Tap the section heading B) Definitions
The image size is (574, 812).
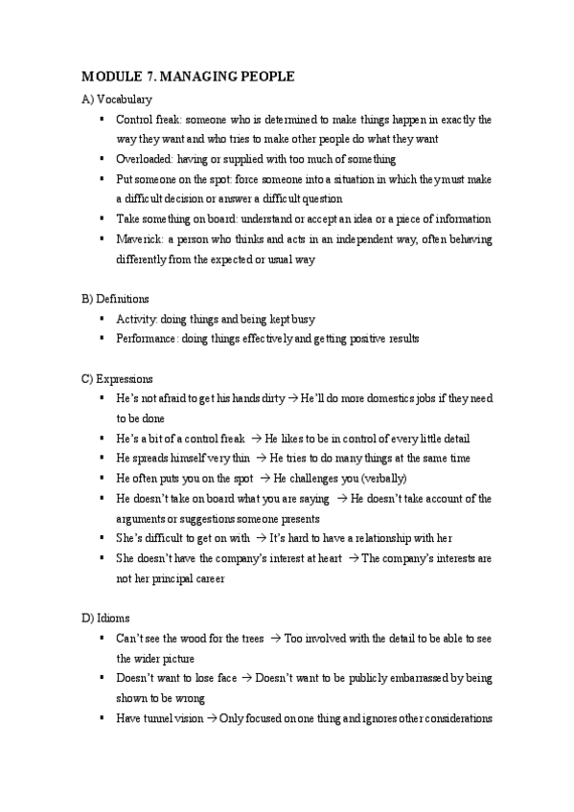point(115,299)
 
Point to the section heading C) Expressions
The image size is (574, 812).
point(117,378)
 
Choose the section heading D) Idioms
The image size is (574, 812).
point(105,618)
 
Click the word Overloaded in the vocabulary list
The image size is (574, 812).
point(144,159)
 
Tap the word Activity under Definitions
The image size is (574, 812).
point(135,319)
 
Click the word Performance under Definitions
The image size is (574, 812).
point(146,339)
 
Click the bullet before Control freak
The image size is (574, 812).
point(102,120)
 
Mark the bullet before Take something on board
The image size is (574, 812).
point(102,219)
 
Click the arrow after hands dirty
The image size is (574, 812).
point(293,398)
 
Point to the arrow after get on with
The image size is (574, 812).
point(260,538)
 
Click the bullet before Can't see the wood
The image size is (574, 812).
point(102,638)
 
